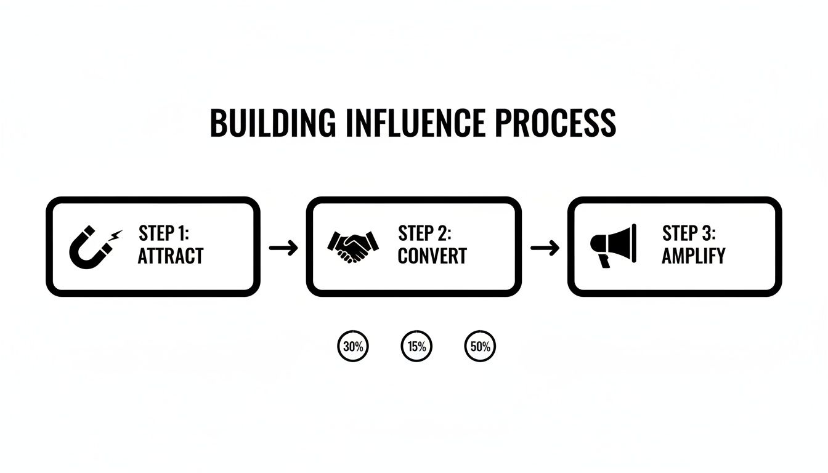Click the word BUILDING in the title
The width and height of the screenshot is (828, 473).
tap(273, 123)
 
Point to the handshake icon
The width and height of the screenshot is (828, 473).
tap(352, 246)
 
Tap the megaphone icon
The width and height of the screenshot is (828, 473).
tap(613, 245)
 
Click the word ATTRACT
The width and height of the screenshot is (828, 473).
tap(170, 256)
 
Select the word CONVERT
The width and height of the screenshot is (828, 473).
tap(432, 256)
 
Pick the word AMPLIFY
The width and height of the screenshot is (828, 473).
tap(693, 256)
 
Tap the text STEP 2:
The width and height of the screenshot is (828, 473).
tap(425, 234)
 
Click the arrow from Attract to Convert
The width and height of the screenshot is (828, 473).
tap(283, 248)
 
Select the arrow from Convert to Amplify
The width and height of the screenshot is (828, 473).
tap(545, 248)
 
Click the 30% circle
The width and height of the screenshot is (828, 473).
tap(353, 346)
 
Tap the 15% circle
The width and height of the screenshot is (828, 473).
tap(416, 346)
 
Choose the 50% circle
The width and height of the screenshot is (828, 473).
tap(479, 346)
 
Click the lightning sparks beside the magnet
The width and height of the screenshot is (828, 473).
tap(115, 235)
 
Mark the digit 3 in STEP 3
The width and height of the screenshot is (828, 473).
tap(706, 234)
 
